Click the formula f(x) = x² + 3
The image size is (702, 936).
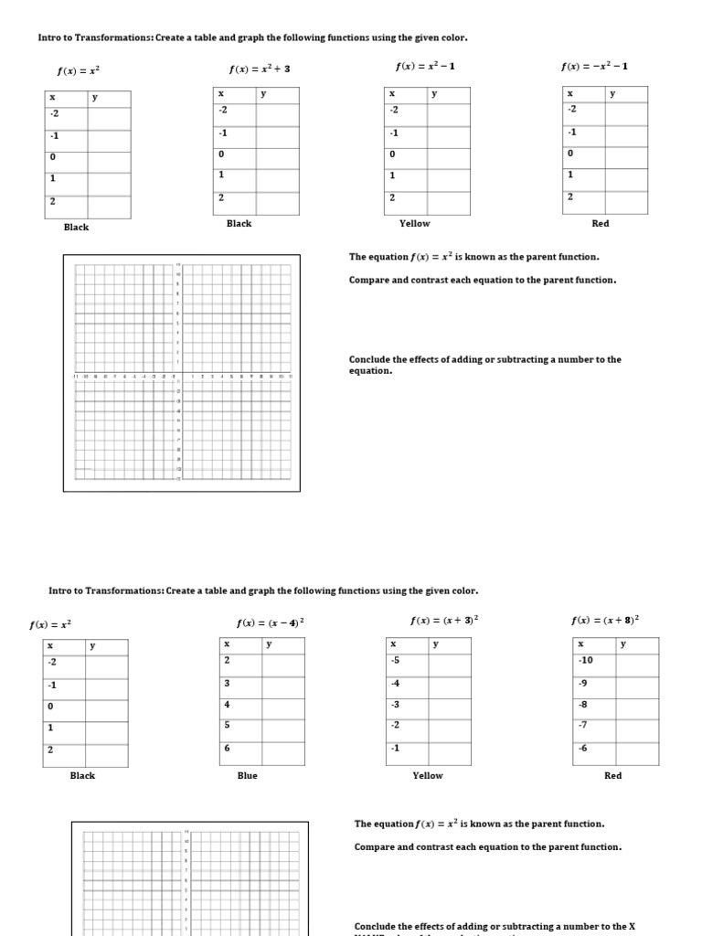coord(260,69)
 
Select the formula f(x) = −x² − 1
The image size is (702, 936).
coord(594,66)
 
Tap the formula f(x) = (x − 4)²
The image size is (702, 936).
coord(271,623)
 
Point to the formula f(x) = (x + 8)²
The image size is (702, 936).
coord(605,620)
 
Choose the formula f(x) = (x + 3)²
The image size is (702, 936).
coord(445,620)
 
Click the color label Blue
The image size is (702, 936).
coord(247,775)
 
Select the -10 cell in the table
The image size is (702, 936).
coord(586,660)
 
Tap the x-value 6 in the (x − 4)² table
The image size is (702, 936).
coord(228,748)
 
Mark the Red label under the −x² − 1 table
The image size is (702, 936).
coord(601,223)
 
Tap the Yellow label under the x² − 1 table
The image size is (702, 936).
coord(414,223)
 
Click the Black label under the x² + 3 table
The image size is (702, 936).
coord(239,223)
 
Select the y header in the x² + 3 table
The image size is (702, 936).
coord(263,93)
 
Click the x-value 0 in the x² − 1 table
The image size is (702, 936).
coord(392,154)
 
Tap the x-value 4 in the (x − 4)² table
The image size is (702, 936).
coord(228,704)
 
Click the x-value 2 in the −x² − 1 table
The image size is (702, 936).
coord(570,197)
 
